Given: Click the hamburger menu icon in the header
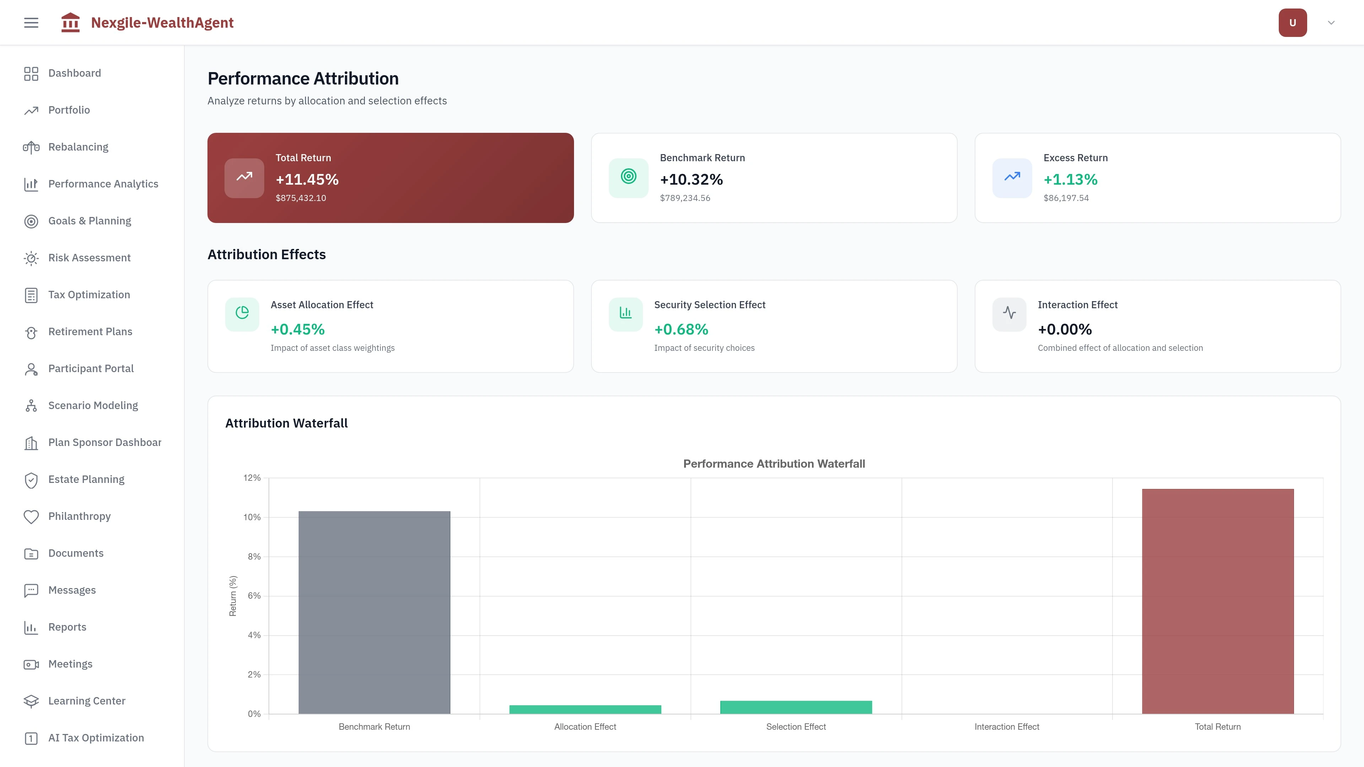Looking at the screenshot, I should (31, 23).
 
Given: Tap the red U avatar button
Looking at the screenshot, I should (1292, 23).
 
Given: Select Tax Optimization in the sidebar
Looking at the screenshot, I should (88, 295).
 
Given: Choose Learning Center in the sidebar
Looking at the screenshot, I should (86, 701).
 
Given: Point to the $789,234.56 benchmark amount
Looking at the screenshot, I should (684, 198).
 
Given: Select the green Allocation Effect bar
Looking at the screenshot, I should (585, 709).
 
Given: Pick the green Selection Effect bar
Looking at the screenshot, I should (796, 707).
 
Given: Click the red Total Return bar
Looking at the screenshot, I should (1217, 601).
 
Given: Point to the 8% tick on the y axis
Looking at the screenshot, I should (254, 556).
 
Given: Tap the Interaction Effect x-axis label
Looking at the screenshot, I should (1007, 727).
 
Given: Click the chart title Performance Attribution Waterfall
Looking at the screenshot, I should (774, 464).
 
